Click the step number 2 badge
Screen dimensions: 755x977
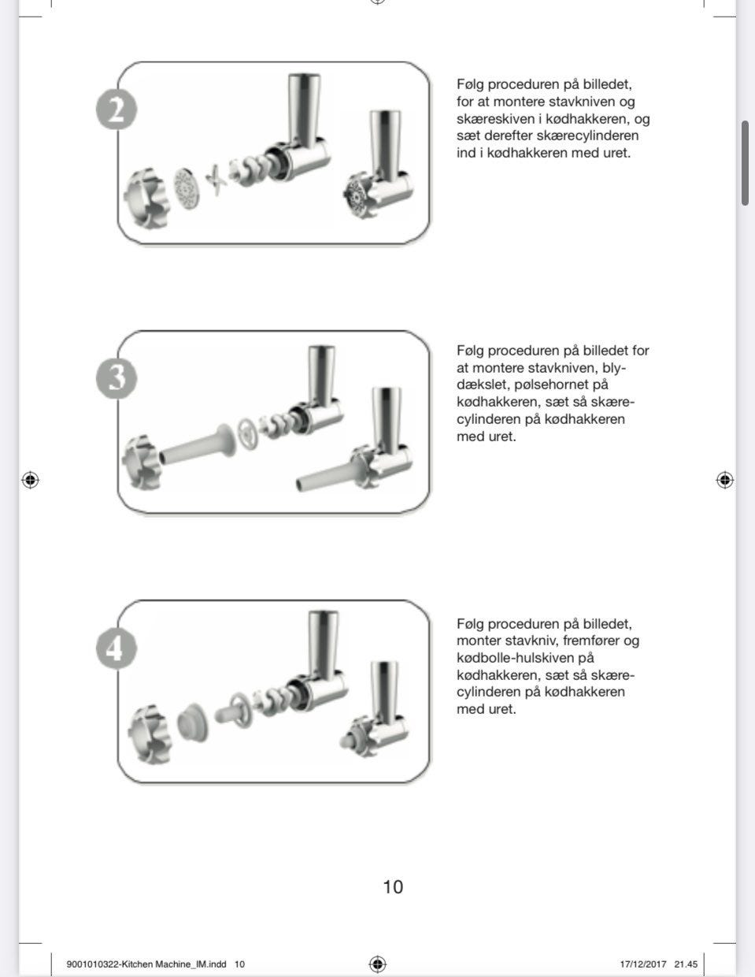117,110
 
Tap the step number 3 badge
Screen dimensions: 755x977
117,378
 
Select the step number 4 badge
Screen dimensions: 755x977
117,648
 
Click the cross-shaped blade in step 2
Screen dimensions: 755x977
215,180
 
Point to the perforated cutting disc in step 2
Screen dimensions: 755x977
187,188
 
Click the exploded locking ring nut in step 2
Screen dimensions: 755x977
146,199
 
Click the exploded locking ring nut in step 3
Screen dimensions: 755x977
141,462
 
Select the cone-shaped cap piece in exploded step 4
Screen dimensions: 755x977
193,722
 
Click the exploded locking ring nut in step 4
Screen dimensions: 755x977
148,734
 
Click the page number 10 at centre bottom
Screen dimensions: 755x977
393,887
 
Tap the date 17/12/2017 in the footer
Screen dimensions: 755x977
642,964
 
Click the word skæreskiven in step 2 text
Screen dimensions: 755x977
496,119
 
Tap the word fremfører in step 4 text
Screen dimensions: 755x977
590,641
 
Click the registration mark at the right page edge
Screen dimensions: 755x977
724,480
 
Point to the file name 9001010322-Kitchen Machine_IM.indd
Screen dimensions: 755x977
146,964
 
